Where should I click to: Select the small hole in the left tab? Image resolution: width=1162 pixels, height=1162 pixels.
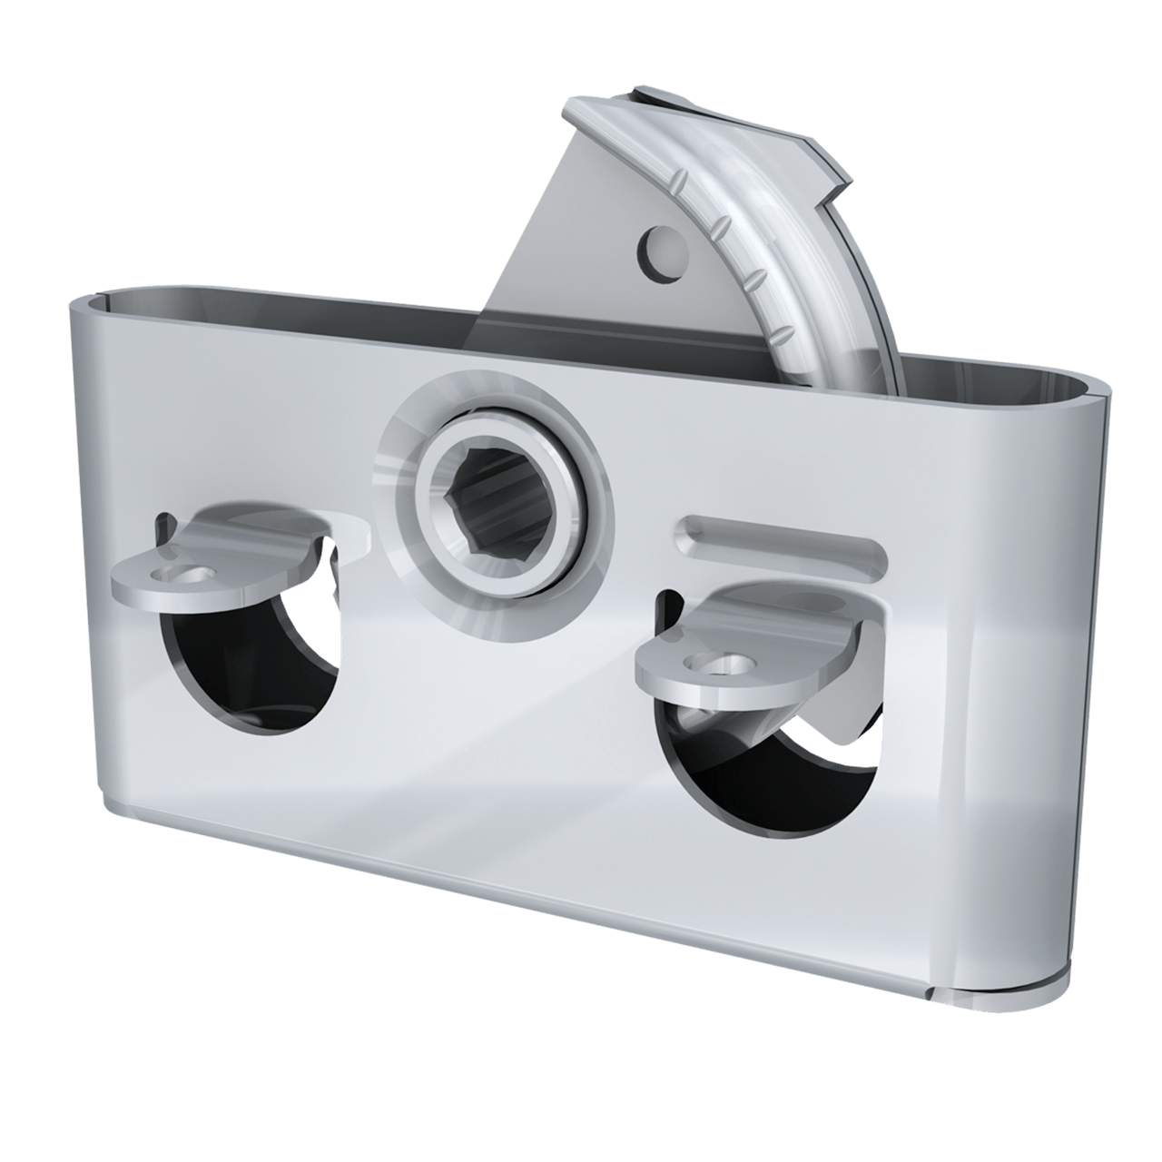(x=191, y=575)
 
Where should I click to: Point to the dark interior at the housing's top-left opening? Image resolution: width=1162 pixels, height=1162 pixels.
(x=272, y=309)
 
